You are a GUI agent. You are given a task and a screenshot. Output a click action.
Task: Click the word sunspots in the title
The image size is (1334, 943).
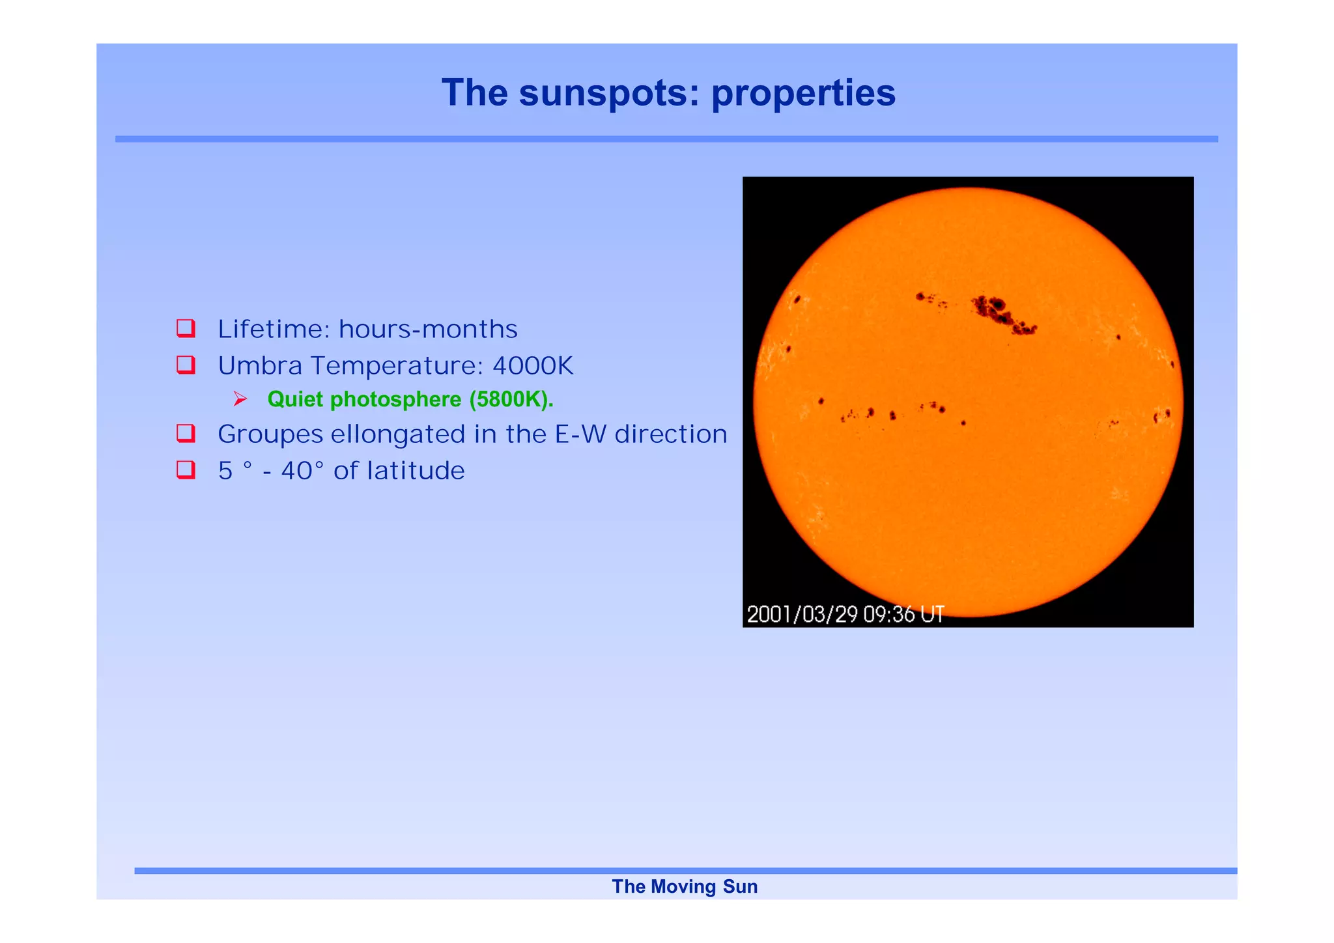click(x=601, y=93)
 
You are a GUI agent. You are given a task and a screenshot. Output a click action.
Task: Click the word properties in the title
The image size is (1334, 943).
click(x=803, y=93)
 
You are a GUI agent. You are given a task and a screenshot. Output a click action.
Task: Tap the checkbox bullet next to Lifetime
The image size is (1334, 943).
click(x=186, y=328)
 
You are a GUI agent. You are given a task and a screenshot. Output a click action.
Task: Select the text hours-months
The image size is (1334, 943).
click(x=428, y=330)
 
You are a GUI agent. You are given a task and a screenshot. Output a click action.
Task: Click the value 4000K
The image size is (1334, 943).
click(x=532, y=366)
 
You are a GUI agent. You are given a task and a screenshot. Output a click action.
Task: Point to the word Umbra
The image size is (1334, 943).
click(x=260, y=366)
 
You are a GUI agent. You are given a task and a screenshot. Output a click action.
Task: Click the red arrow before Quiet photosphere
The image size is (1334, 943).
click(x=240, y=399)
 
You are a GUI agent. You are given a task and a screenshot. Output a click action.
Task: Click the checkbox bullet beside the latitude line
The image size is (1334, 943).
click(x=186, y=470)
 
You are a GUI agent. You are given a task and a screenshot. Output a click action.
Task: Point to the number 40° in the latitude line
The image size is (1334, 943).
click(x=302, y=471)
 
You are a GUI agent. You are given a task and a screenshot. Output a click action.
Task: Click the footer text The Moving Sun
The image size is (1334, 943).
click(x=685, y=887)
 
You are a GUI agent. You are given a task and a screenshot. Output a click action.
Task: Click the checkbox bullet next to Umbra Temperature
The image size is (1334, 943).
click(x=186, y=365)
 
